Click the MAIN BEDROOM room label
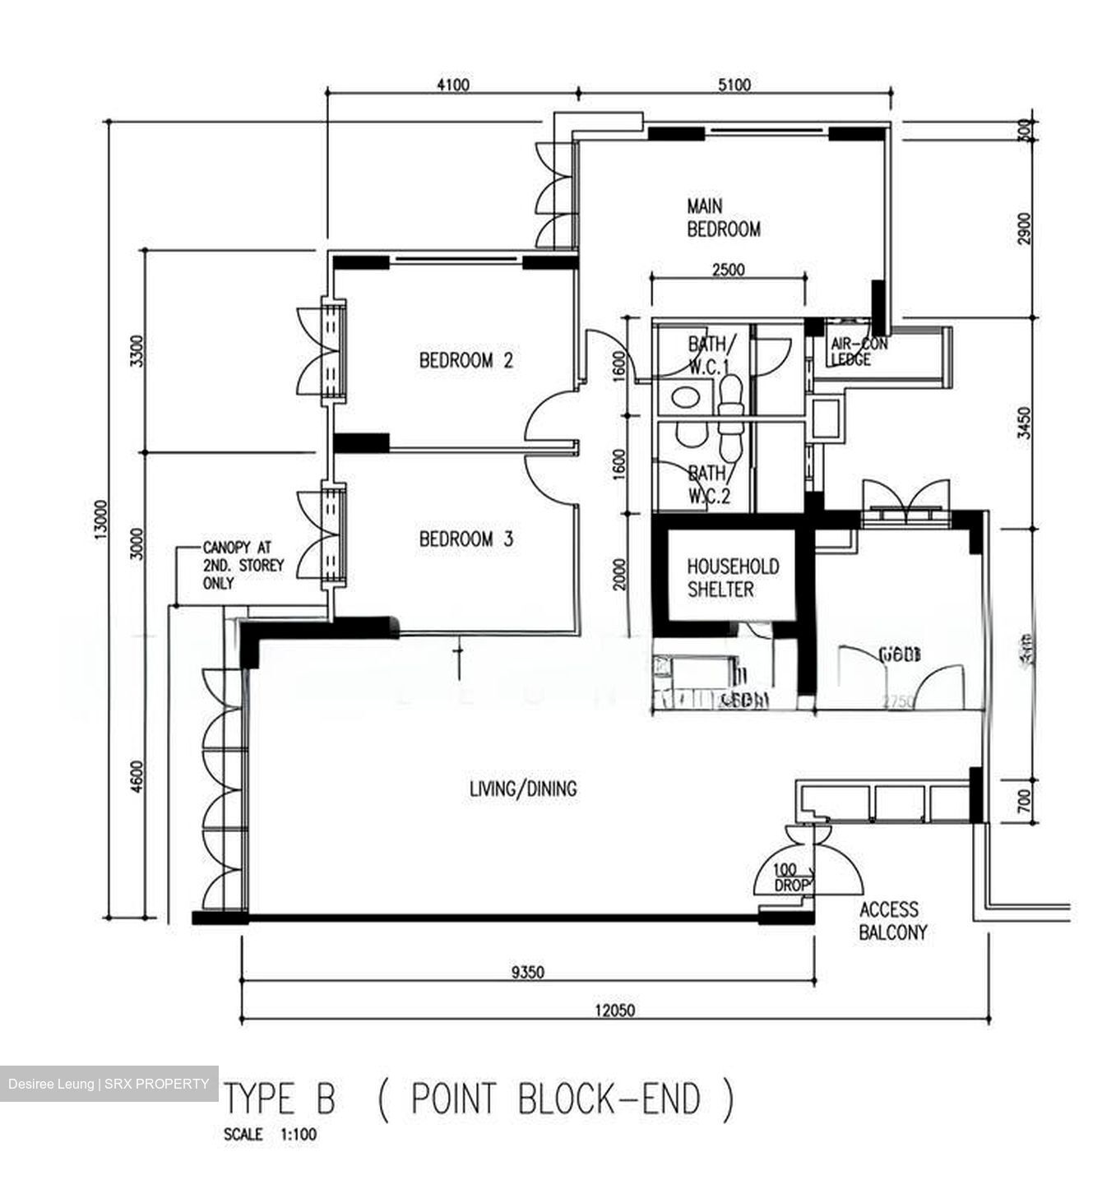pyautogui.click(x=723, y=218)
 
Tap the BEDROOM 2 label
pyautogui.click(x=465, y=360)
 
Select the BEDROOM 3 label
pyautogui.click(x=465, y=539)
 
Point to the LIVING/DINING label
pyautogui.click(x=523, y=789)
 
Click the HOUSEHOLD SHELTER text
pyautogui.click(x=721, y=578)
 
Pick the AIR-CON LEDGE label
pyautogui.click(x=858, y=352)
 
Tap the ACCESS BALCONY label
pyautogui.click(x=892, y=921)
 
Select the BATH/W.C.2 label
pyautogui.click(x=708, y=484)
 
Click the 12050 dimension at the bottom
pyautogui.click(x=614, y=1011)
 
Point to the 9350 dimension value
pyautogui.click(x=527, y=973)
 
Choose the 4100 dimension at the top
pyautogui.click(x=451, y=85)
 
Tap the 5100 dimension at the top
pyautogui.click(x=734, y=85)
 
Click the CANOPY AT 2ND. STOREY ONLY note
pyautogui.click(x=243, y=566)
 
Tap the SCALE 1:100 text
pyautogui.click(x=270, y=1135)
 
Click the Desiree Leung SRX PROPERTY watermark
pyautogui.click(x=109, y=1084)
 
